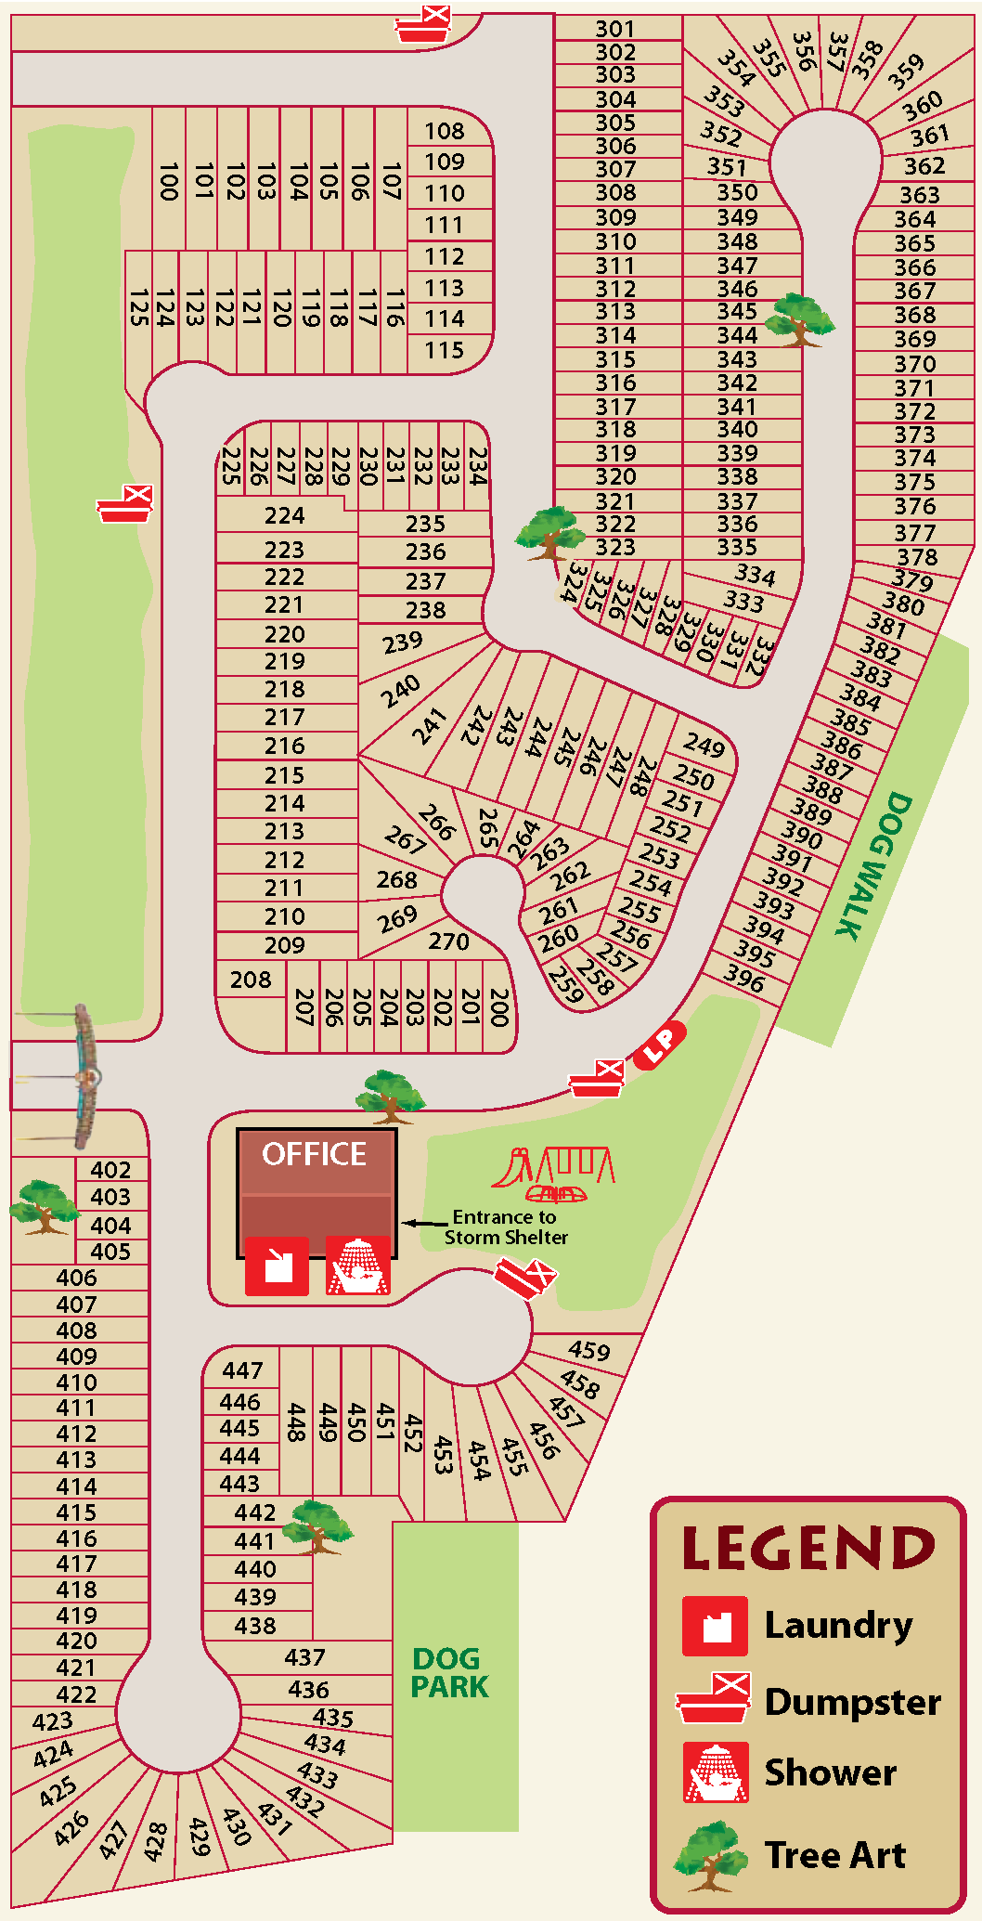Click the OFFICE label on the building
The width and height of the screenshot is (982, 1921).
point(314,1154)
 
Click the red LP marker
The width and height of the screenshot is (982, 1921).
point(660,1045)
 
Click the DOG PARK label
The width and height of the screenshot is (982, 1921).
point(449,1672)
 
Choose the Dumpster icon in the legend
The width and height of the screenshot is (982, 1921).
point(714,1698)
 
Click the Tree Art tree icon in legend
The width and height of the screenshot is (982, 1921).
point(710,1855)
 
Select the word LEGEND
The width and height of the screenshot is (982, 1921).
point(808,1549)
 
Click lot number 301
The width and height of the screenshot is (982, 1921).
point(615,29)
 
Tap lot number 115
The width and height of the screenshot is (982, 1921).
point(445,350)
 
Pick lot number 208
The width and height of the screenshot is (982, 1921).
point(251,980)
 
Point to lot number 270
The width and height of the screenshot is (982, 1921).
point(448,941)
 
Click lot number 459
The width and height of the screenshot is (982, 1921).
point(589,1350)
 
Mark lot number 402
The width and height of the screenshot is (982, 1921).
point(110,1170)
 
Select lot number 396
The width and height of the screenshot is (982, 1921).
point(744,978)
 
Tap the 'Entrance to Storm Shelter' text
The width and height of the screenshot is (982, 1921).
point(505,1227)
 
